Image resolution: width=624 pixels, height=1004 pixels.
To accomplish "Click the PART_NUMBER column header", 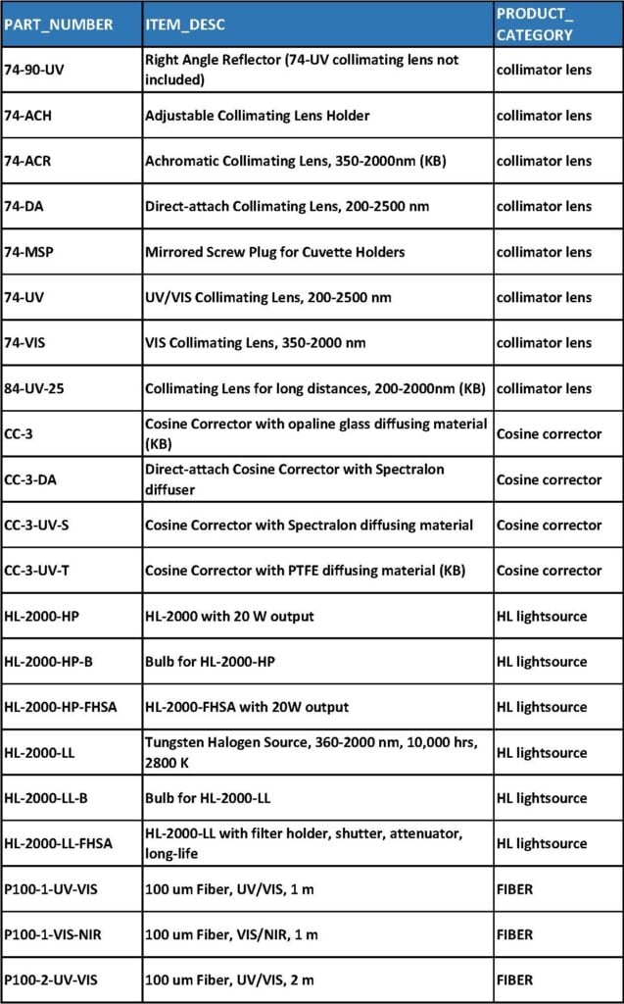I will (58, 24).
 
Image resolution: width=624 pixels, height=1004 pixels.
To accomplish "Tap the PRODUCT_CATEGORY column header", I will (535, 24).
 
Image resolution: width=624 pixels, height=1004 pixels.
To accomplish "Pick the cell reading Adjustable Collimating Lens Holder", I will (257, 116).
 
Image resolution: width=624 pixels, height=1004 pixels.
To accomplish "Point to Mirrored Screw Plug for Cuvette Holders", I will (274, 252).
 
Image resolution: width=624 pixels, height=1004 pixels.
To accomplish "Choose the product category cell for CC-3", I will (549, 434).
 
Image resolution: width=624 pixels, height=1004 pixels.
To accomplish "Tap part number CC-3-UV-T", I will (37, 571).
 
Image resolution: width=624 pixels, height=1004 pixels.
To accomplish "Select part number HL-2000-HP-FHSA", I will (60, 707).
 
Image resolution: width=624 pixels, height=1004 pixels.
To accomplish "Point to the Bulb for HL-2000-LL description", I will (210, 798).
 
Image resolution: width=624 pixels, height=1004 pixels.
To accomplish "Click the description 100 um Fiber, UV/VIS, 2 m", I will (229, 979).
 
